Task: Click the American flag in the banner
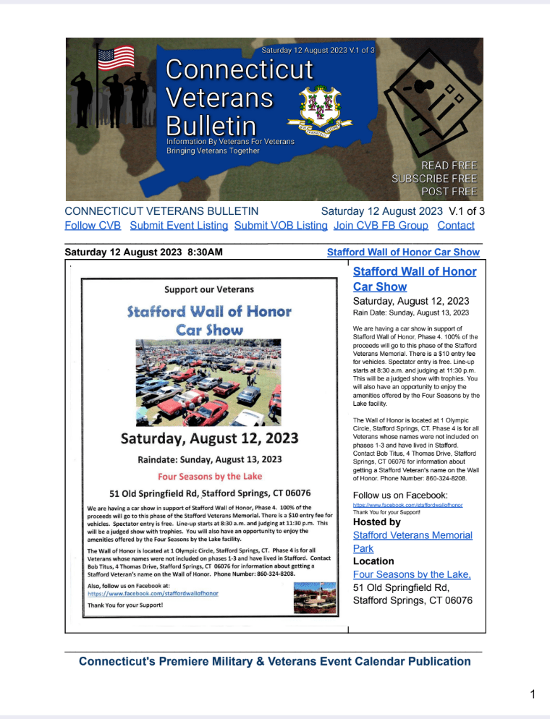[x=116, y=58]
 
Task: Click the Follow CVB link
[x=93, y=226]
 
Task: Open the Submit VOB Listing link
[x=281, y=226]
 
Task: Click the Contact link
[x=456, y=226]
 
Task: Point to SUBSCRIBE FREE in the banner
[x=434, y=179]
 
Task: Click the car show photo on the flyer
[x=209, y=383]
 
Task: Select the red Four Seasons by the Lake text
[x=210, y=476]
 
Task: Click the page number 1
[x=532, y=695]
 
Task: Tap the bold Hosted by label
[x=376, y=522]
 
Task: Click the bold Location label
[x=373, y=561]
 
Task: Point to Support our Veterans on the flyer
[x=209, y=289]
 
